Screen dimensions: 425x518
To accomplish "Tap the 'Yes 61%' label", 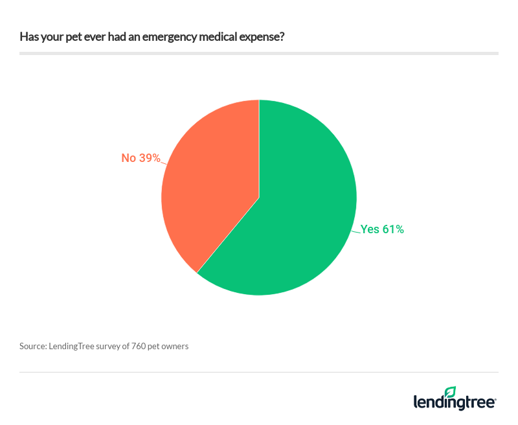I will (382, 229).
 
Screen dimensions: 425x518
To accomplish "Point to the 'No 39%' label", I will (141, 158).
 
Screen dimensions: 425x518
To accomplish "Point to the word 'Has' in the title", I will (28, 36).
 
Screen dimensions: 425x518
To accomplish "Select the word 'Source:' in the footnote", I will (33, 346).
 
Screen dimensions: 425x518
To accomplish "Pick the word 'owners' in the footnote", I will (175, 346).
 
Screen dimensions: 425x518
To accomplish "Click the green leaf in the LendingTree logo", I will (451, 391).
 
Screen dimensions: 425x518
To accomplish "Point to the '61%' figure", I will (392, 229).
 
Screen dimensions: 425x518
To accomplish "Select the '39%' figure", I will (149, 158).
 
